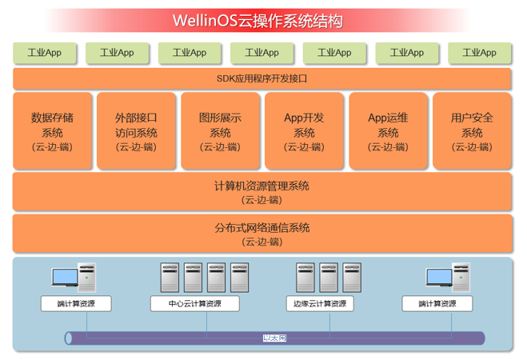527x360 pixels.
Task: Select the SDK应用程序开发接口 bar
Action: (x=262, y=78)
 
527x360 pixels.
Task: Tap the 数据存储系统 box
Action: (x=52, y=131)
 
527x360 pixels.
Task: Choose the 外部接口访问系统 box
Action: (x=136, y=131)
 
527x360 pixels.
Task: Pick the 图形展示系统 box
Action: (x=220, y=131)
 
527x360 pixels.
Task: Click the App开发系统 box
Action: (x=304, y=131)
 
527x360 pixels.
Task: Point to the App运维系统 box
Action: (x=388, y=131)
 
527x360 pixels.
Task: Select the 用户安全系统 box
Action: (x=472, y=131)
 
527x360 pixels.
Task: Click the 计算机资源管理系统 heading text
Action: (x=262, y=186)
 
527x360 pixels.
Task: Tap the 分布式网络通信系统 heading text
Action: (x=262, y=227)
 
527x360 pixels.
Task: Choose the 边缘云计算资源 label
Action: (x=318, y=304)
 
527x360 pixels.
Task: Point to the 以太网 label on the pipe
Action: (x=274, y=338)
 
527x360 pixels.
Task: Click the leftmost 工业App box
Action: (x=45, y=53)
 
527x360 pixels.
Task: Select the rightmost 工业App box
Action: (x=478, y=53)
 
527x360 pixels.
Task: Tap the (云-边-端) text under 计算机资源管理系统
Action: (x=262, y=200)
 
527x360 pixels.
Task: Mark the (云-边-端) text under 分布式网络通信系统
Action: (x=262, y=242)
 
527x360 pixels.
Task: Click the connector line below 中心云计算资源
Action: (x=208, y=321)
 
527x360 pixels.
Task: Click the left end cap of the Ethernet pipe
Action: (x=70, y=338)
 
